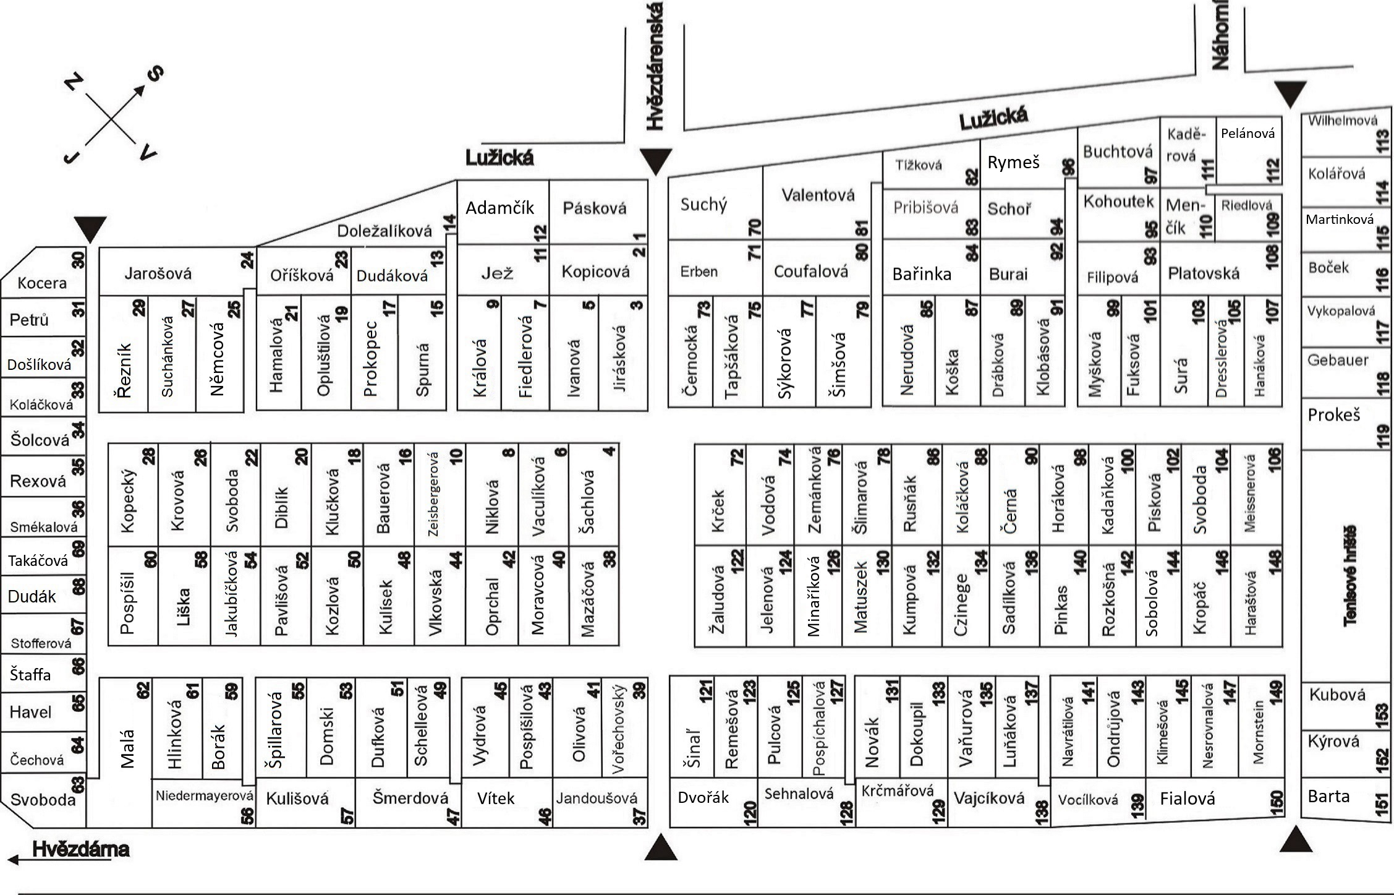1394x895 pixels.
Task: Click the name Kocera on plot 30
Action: tap(42, 283)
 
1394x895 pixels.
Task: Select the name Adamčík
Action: tap(499, 208)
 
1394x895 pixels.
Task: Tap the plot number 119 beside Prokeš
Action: tap(1383, 435)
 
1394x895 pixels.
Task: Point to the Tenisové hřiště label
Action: tap(1350, 575)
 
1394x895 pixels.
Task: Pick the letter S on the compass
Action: tap(155, 74)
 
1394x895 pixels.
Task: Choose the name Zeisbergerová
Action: tap(433, 494)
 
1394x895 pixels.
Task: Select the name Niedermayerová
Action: tap(205, 795)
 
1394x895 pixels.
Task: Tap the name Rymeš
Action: tap(1013, 163)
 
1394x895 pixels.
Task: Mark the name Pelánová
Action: tap(1247, 134)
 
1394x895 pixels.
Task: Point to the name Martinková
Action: tap(1340, 220)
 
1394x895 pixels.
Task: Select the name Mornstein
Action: tap(1258, 732)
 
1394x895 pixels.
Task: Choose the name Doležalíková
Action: tap(385, 231)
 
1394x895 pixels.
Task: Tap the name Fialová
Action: tap(1188, 799)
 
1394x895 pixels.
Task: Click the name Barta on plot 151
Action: tap(1328, 796)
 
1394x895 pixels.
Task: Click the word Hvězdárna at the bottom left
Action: tap(80, 849)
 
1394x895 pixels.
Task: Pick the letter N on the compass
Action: tap(74, 82)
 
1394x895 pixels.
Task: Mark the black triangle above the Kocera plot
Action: tap(90, 229)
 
